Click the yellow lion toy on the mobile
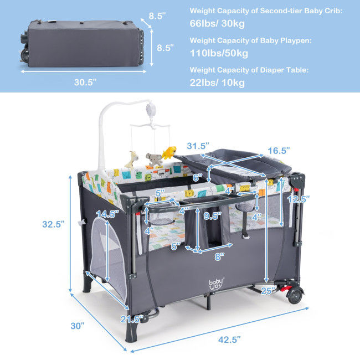169,153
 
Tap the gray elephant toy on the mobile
155,160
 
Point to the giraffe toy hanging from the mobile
132,160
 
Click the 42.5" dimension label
229,340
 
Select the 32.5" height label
53,224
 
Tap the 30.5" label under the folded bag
85,82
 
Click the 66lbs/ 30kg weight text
217,23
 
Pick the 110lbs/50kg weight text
219,53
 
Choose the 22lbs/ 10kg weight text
217,83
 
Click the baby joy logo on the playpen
216,284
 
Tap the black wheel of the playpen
295,295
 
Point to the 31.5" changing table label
198,146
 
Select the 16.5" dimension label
279,151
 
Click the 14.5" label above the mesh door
107,214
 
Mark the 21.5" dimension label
132,319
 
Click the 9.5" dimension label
212,216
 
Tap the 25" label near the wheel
268,291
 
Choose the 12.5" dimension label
299,199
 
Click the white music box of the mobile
151,109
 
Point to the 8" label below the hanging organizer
219,256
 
